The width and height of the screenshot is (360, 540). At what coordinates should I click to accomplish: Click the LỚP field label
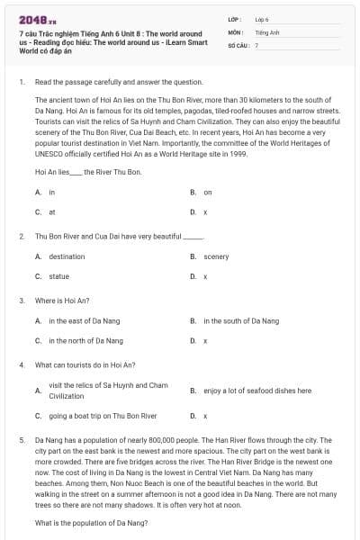[x=235, y=18]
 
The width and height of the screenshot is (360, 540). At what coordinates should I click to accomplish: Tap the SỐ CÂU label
[x=238, y=44]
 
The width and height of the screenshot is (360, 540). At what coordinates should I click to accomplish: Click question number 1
[x=21, y=81]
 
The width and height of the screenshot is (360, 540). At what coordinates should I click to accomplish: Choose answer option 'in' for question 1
[x=52, y=192]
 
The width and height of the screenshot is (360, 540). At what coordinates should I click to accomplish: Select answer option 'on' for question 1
[x=208, y=192]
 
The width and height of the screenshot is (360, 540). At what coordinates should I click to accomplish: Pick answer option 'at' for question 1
[x=52, y=211]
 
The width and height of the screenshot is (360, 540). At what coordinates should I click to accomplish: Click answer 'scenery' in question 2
[x=216, y=256]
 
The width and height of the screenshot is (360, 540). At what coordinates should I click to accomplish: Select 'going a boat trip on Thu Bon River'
[x=103, y=416]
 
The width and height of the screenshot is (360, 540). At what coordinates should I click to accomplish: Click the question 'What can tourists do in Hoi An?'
[x=85, y=365]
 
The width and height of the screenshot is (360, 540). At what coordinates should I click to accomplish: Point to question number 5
[x=21, y=440]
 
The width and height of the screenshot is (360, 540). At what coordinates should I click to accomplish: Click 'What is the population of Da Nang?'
[x=91, y=523]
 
